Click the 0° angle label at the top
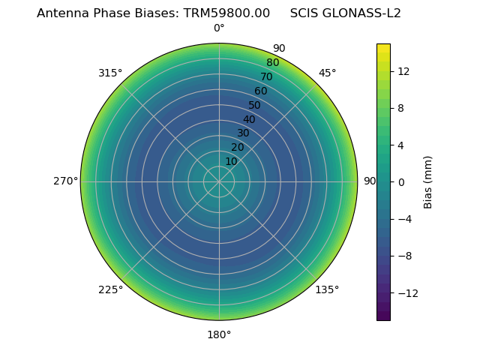tap(219, 28)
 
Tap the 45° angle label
tap(327, 73)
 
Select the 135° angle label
tap(327, 289)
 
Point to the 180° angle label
tap(219, 334)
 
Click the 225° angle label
tap(110, 289)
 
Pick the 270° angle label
tap(65, 181)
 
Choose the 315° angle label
tap(110, 73)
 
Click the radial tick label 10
tap(231, 161)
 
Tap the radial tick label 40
tap(249, 119)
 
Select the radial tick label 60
tap(261, 91)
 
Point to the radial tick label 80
tap(273, 62)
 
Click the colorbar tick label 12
tap(403, 70)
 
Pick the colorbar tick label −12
tap(406, 292)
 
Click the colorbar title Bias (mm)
tap(428, 181)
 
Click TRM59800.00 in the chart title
tap(226, 13)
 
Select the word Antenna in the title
tap(60, 13)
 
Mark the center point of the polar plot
tap(219, 181)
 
